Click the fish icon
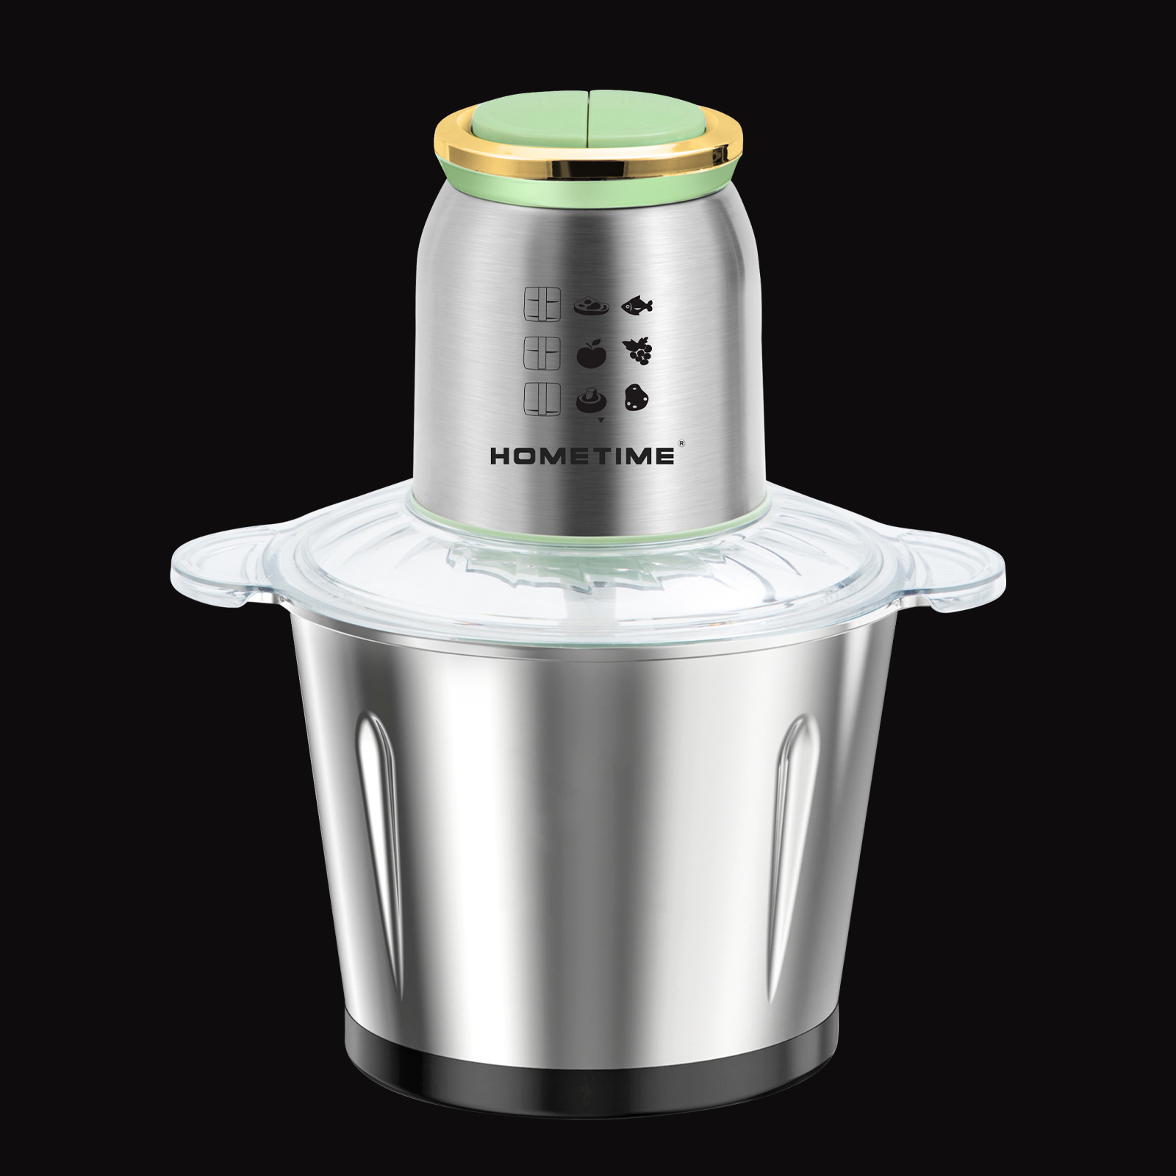(637, 304)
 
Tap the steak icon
(591, 305)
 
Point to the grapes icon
(637, 351)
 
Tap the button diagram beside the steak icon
(541, 304)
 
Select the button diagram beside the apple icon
(541, 352)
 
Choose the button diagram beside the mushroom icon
(541, 400)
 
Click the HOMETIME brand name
(582, 456)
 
